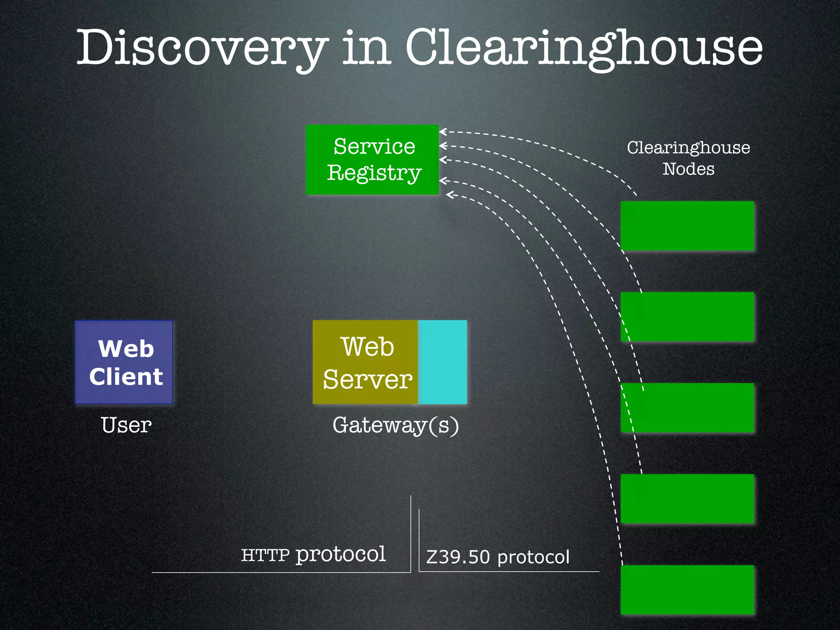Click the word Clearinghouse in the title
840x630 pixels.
[584, 48]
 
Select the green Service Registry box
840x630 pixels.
[372, 159]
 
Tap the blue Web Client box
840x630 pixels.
[124, 362]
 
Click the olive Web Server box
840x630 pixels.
[365, 362]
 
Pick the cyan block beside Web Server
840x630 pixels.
[443, 362]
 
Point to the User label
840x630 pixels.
[126, 425]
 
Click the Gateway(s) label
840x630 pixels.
[395, 425]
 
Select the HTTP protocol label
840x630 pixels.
[313, 555]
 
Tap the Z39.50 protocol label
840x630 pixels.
[498, 557]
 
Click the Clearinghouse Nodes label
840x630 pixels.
[688, 158]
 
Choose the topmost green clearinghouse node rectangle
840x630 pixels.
[687, 226]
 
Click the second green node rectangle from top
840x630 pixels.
[687, 317]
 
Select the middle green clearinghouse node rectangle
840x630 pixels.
[687, 408]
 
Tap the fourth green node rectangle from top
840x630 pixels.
[687, 499]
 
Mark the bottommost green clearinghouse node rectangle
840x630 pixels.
[687, 590]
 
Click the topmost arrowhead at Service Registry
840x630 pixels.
[442, 132]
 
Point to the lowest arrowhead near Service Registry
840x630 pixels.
[449, 195]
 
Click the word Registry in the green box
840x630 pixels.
[374, 173]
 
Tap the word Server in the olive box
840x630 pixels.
[367, 379]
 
